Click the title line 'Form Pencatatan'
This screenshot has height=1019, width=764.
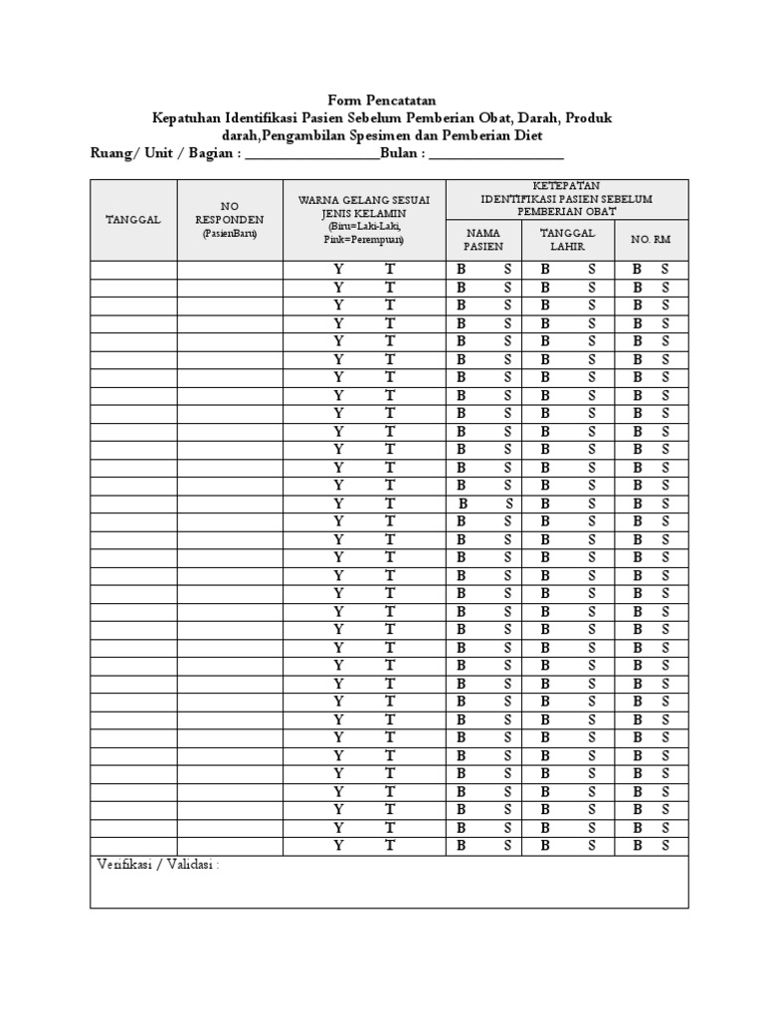[382, 101]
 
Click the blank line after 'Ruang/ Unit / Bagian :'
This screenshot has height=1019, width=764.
[311, 155]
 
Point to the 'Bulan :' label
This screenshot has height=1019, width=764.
[404, 154]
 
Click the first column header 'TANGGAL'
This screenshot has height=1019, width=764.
[133, 219]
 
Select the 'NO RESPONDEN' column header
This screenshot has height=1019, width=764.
[230, 212]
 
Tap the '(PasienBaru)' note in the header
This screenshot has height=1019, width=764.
[230, 233]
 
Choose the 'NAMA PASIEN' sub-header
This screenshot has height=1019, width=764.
[484, 240]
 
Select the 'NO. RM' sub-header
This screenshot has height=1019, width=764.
[651, 240]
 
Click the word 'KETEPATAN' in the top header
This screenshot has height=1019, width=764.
[566, 186]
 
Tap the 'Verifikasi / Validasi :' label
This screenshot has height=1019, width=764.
[157, 865]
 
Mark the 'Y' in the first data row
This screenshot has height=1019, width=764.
[338, 270]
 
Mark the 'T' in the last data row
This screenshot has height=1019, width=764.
[390, 846]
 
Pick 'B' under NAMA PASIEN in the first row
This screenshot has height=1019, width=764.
[461, 270]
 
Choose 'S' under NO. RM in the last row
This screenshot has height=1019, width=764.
[666, 846]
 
